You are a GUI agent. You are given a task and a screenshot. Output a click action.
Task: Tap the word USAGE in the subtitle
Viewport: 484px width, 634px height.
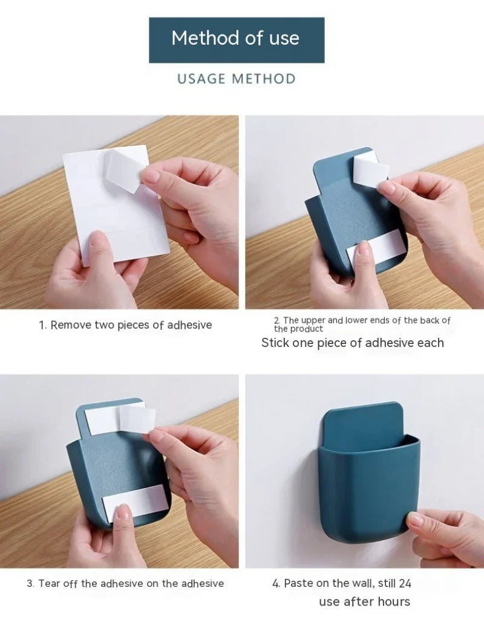tap(201, 79)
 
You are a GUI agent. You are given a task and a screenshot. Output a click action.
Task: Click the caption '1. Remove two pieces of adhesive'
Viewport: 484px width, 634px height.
tap(125, 325)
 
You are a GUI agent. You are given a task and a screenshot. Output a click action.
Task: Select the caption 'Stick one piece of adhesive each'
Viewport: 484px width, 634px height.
tap(352, 343)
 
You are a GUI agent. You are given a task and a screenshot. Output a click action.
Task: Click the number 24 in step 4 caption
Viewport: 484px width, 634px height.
tap(405, 583)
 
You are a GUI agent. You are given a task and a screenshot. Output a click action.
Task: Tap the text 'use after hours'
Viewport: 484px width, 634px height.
tap(364, 601)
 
